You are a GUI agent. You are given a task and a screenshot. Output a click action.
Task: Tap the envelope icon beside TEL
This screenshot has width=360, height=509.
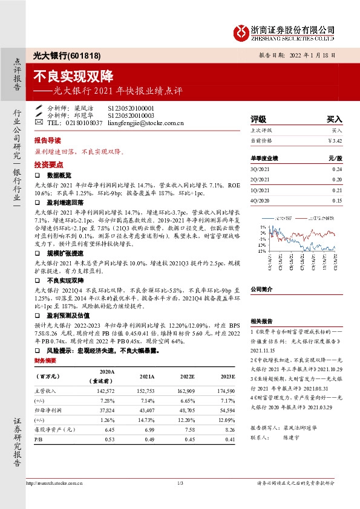pos(39,122)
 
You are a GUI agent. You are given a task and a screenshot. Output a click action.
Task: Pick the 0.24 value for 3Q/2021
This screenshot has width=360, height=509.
pos(337,170)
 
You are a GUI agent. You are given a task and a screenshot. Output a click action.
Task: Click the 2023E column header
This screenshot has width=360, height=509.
pos(226,376)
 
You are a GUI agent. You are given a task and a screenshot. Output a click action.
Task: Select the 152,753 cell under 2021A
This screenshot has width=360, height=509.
pos(146,392)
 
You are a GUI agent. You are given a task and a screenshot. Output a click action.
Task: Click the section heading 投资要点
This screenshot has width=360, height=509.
pos(49,164)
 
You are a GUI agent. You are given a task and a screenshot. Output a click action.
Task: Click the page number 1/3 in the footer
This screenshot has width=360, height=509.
pos(180,483)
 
